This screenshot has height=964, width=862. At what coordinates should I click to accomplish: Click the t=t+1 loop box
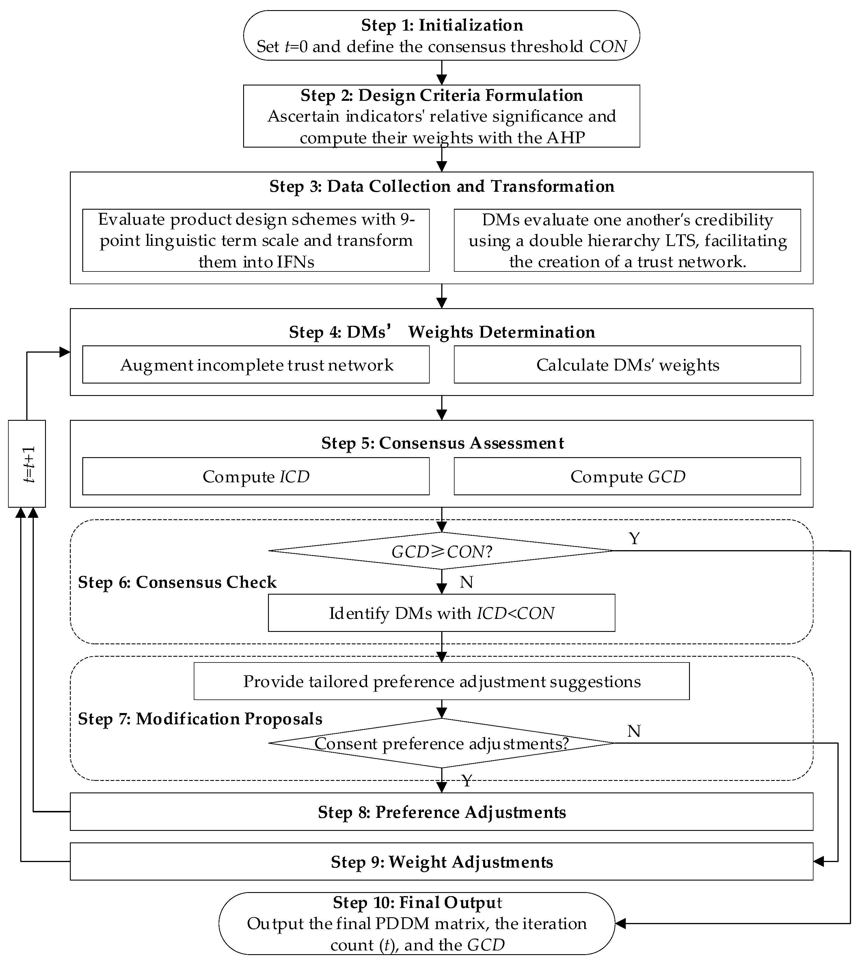[27, 463]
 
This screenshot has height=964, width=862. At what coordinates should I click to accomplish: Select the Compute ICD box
[256, 476]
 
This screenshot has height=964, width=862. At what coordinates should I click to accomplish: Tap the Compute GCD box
[627, 476]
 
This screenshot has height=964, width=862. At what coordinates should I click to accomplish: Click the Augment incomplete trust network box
[256, 365]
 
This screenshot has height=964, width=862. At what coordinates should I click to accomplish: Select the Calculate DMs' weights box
[627, 365]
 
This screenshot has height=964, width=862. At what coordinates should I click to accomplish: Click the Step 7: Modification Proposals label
[200, 719]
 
